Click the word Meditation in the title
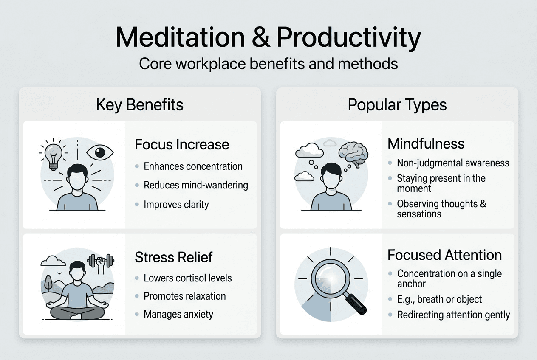[x=180, y=38]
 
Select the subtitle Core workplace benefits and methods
[x=268, y=64]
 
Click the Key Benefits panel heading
[x=140, y=105]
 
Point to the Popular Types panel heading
[x=397, y=105]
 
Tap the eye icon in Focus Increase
[x=100, y=152]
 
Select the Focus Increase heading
[x=182, y=144]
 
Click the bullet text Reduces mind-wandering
[x=196, y=185]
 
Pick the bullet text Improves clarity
[x=176, y=205]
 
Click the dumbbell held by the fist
[x=101, y=259]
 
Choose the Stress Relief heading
[x=174, y=257]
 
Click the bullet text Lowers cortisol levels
[x=188, y=278]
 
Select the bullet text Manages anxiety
[x=178, y=315]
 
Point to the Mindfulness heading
[x=426, y=143]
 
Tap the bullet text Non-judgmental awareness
[x=453, y=163]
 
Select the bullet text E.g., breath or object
[x=439, y=299]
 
